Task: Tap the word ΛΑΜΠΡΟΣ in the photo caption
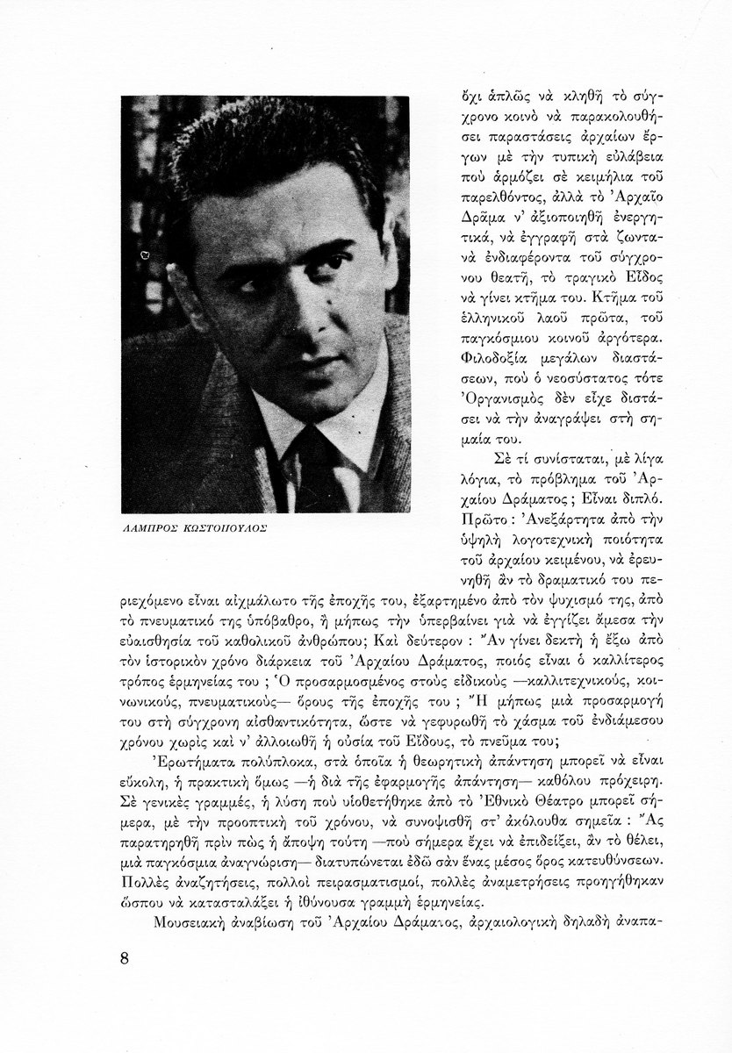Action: click(x=150, y=529)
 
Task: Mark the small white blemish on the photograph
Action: click(x=144, y=254)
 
